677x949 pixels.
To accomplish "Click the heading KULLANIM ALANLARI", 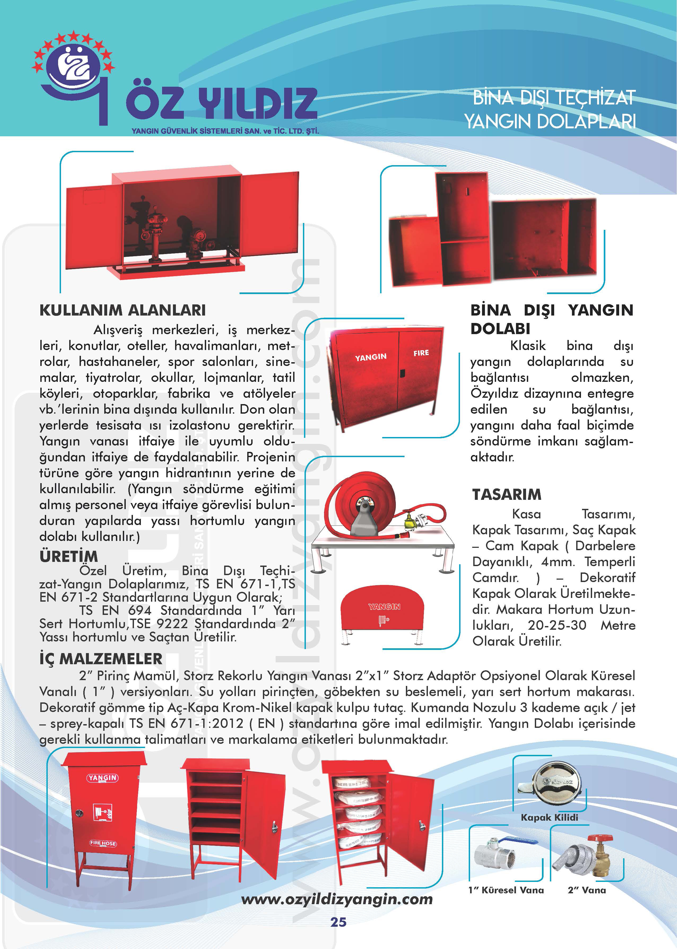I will coord(123,310).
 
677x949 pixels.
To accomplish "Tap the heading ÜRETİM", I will coord(69,556).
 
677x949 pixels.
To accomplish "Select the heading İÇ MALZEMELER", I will coord(101,659).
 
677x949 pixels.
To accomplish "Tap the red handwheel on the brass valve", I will coord(600,838).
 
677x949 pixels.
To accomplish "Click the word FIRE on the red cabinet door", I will coord(421,353).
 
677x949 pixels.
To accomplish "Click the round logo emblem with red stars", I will coord(73,67).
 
